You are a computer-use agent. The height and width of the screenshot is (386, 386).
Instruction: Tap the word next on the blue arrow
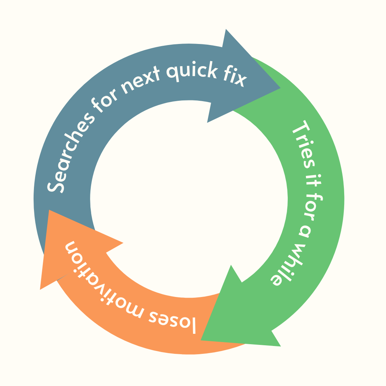[x=142, y=79]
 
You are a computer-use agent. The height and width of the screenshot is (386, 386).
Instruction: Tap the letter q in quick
[x=172, y=73]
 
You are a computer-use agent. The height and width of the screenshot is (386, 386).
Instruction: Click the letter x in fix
[x=240, y=81]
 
